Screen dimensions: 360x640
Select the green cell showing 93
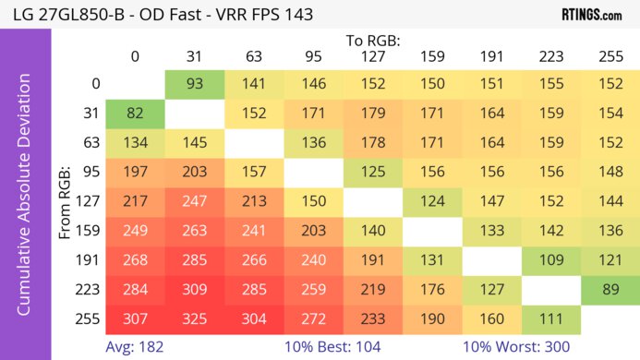point(195,83)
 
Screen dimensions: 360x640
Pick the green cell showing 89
point(610,289)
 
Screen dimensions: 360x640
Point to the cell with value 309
point(195,289)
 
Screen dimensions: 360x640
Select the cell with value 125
point(372,172)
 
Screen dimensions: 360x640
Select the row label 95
point(89,172)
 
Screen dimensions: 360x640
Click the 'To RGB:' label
point(372,41)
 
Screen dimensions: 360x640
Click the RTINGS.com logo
point(592,15)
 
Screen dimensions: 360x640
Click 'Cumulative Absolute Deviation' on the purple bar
point(25,200)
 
